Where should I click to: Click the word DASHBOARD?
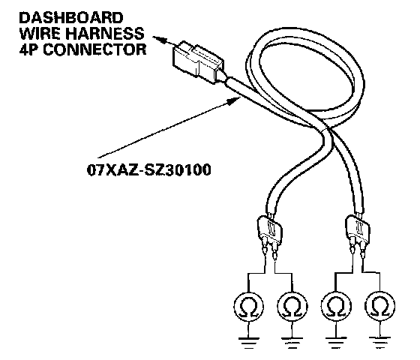coord(71,18)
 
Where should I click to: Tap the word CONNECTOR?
coord(94,49)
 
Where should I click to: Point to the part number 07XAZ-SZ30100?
coord(149,169)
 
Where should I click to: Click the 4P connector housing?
coord(198,62)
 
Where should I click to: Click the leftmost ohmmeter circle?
coord(248,306)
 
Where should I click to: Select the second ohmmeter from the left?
coord(292,306)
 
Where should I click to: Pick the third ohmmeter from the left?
coord(336,306)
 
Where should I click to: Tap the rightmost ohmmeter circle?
coord(379,306)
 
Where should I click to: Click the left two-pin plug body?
coord(270,229)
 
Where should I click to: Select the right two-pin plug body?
coord(358,229)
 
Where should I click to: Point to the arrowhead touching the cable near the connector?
coord(234,100)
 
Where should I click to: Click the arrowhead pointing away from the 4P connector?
coord(160,40)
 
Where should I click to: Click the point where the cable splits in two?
coord(327,130)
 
